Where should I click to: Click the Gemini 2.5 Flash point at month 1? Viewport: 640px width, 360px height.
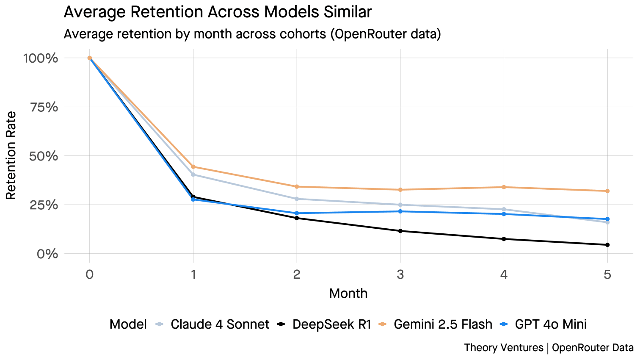193,167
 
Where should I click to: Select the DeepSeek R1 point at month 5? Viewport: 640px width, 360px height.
607,245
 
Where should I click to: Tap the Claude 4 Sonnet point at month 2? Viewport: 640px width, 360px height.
297,199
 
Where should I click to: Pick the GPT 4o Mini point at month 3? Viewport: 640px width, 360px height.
400,211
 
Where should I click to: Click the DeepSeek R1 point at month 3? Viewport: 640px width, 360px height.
400,231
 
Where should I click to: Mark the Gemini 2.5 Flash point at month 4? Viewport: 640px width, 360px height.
504,187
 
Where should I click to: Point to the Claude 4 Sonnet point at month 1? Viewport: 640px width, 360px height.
193,174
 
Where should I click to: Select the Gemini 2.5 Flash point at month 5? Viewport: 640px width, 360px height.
607,191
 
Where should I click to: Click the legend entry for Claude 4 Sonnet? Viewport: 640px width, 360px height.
219,324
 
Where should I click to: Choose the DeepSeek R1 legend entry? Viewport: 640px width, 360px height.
331,324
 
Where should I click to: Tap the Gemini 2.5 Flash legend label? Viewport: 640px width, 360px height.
443,324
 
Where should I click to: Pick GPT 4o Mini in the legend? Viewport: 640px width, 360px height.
550,324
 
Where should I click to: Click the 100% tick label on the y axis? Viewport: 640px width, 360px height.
41,58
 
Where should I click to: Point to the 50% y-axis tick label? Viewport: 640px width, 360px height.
44,156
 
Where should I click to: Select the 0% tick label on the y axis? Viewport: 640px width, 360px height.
47,254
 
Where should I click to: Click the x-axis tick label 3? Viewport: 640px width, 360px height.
400,275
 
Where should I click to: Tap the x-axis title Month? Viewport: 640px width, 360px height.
348,294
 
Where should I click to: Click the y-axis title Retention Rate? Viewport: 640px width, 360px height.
11,155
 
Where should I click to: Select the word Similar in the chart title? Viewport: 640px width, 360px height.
348,12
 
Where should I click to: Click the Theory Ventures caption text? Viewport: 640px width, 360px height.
503,348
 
